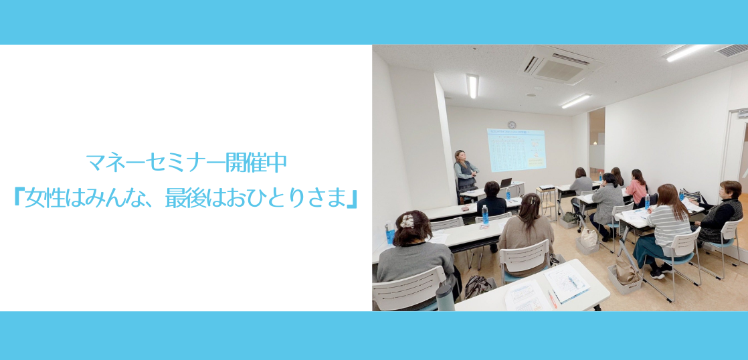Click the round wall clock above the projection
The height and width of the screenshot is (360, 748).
pyautogui.click(x=512, y=124)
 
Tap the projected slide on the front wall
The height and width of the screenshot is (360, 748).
pyautogui.click(x=516, y=150)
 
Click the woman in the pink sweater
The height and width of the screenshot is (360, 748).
pyautogui.click(x=638, y=187)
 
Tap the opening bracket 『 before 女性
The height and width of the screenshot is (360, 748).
pyautogui.click(x=18, y=199)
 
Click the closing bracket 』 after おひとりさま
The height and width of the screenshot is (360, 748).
pyautogui.click(x=353, y=199)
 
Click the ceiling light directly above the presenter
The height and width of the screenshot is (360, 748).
pyautogui.click(x=472, y=86)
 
